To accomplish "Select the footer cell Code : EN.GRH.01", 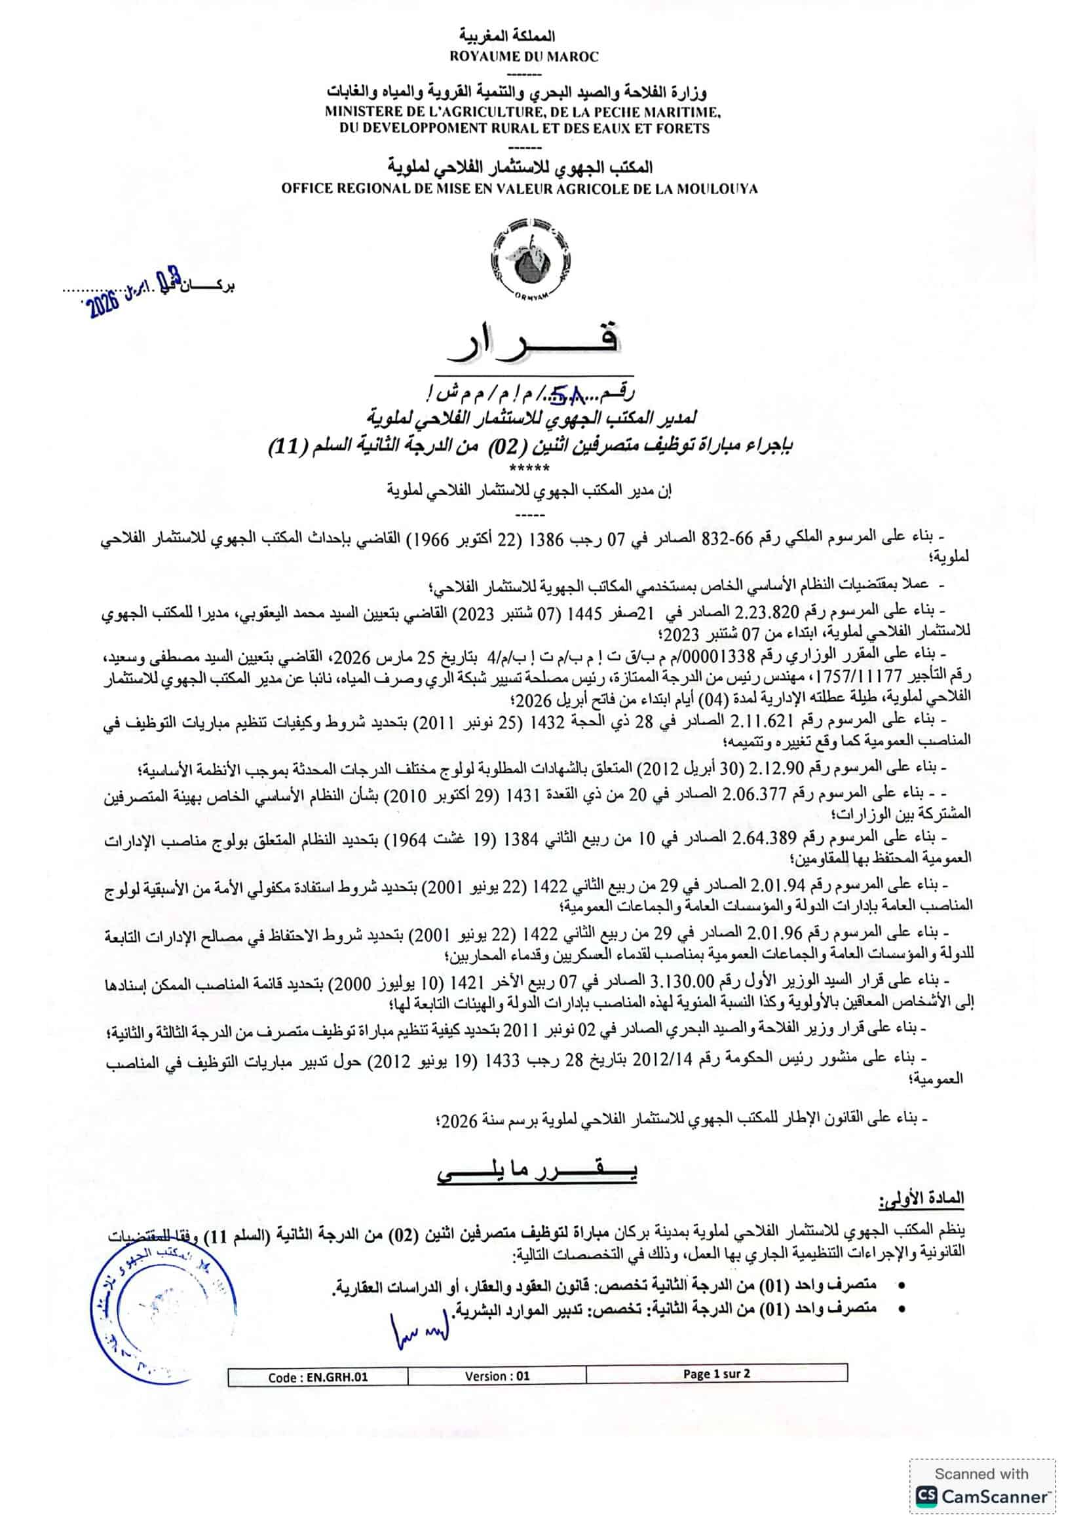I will tap(318, 1376).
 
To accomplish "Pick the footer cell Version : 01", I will tap(497, 1375).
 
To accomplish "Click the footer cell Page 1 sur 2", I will tap(716, 1373).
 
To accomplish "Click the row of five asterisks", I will tap(531, 468).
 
